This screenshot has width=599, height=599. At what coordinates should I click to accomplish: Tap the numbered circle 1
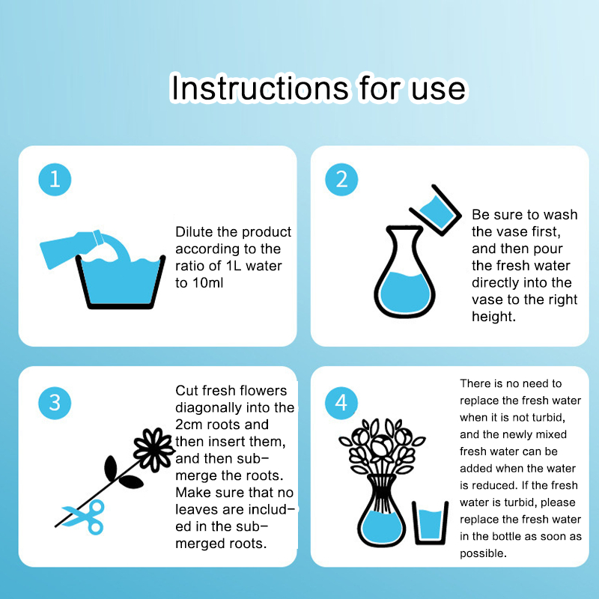[55, 180]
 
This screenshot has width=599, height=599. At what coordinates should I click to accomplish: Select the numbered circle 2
[341, 180]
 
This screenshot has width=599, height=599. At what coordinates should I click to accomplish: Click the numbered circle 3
[55, 403]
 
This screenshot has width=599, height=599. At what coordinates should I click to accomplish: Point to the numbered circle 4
[341, 403]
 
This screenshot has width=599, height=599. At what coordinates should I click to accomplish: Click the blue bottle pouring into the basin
[73, 248]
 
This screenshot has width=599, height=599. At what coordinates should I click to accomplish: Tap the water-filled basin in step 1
[121, 283]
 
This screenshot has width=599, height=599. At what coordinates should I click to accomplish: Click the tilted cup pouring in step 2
[436, 211]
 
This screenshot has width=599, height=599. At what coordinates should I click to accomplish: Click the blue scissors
[86, 517]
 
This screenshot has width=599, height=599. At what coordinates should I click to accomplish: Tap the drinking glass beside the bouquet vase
[430, 523]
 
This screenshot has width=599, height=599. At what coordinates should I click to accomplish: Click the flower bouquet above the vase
[382, 447]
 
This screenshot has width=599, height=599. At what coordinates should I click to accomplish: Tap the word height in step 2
[493, 316]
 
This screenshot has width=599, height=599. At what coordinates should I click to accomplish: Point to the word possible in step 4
[483, 553]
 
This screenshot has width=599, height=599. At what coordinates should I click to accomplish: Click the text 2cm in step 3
[189, 425]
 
